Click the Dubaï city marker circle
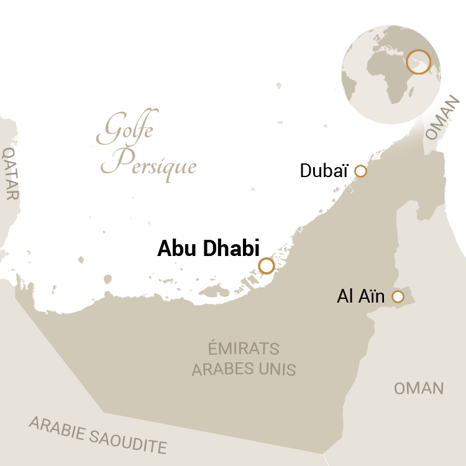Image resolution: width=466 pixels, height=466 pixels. tap(360, 171)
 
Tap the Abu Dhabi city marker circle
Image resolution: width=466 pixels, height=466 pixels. tap(267, 266)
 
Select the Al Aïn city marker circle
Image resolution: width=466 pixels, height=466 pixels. tap(398, 297)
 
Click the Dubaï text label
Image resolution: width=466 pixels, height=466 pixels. tap(324, 171)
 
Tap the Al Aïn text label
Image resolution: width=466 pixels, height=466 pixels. tap(361, 297)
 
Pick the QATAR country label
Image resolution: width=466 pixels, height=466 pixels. tap(11, 173)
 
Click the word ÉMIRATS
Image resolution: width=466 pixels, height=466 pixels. tap(244, 349)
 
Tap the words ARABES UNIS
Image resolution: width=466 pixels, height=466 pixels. tap(244, 369)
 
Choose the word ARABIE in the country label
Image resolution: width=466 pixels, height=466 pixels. tap(57, 427)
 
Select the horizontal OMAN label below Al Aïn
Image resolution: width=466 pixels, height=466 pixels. tap(419, 388)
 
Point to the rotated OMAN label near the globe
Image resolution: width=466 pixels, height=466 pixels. tap(443, 118)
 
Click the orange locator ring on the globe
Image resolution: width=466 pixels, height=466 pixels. tap(418, 62)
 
